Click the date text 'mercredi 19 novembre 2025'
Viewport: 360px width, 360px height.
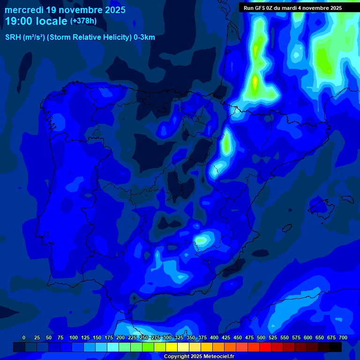click(x=65, y=9)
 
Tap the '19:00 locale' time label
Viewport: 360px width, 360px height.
click(x=36, y=21)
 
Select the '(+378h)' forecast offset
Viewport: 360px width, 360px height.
click(x=83, y=21)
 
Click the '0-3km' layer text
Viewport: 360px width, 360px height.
click(x=144, y=37)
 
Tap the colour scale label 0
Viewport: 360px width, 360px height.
click(x=24, y=337)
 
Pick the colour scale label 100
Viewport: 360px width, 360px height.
click(x=74, y=337)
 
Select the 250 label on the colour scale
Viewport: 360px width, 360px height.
click(x=144, y=337)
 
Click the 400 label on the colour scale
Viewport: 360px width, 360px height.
click(x=214, y=337)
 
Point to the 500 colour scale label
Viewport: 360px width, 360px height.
click(x=261, y=337)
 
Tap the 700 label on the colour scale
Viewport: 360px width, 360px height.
click(x=343, y=337)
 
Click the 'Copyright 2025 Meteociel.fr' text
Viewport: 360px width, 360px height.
click(x=199, y=356)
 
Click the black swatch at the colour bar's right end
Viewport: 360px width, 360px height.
click(x=336, y=347)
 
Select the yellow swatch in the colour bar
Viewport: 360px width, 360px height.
click(x=172, y=347)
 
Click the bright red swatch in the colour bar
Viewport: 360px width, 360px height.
click(x=265, y=347)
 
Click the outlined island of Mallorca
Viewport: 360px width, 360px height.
click(x=321, y=207)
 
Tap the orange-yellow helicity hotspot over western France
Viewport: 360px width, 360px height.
click(x=255, y=82)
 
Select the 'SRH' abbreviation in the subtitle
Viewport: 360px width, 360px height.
click(x=13, y=37)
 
